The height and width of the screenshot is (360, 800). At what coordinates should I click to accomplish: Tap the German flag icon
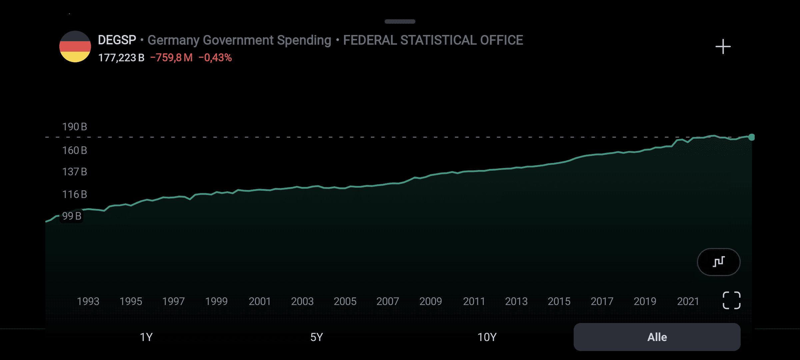(x=75, y=47)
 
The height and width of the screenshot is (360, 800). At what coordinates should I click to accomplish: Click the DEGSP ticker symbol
(x=117, y=40)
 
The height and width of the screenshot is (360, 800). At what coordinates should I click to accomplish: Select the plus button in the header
(x=723, y=47)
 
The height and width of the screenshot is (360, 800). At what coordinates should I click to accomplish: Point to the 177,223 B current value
(x=121, y=58)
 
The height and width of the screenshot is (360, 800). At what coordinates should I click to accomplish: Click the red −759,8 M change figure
(x=171, y=58)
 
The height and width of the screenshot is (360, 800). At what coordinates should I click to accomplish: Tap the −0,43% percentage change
(x=215, y=58)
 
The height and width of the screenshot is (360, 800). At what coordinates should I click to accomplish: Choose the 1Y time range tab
(x=146, y=337)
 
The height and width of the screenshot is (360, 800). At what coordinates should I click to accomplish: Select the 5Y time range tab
(x=316, y=337)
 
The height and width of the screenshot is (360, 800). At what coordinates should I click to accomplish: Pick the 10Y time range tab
(x=487, y=337)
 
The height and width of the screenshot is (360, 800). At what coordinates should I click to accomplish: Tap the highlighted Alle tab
(x=657, y=337)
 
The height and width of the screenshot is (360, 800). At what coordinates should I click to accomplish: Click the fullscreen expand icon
(x=732, y=300)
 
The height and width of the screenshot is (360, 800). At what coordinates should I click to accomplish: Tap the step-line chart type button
(x=719, y=262)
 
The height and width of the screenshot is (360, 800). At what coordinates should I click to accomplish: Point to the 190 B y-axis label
(x=75, y=127)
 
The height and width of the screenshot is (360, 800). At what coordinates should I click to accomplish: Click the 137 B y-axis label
(x=75, y=172)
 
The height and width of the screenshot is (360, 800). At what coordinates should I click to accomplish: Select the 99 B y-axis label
(x=72, y=216)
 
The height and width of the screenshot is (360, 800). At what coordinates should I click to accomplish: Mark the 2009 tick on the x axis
(x=430, y=302)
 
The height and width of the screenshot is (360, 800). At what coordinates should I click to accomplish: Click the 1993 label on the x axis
(x=88, y=302)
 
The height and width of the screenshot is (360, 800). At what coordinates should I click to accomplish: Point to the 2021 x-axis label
(x=688, y=302)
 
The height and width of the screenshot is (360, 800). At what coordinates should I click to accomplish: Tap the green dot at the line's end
(x=751, y=137)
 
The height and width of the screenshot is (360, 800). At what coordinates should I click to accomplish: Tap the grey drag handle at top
(x=400, y=22)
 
